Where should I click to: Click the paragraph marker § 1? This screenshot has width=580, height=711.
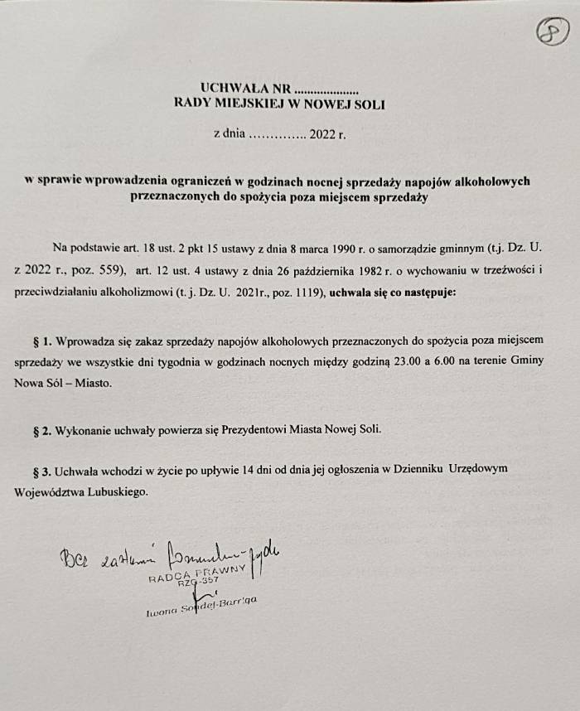[x=41, y=341]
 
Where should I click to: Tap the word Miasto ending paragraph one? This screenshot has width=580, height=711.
[x=92, y=385]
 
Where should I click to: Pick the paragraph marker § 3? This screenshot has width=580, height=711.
[x=41, y=470]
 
